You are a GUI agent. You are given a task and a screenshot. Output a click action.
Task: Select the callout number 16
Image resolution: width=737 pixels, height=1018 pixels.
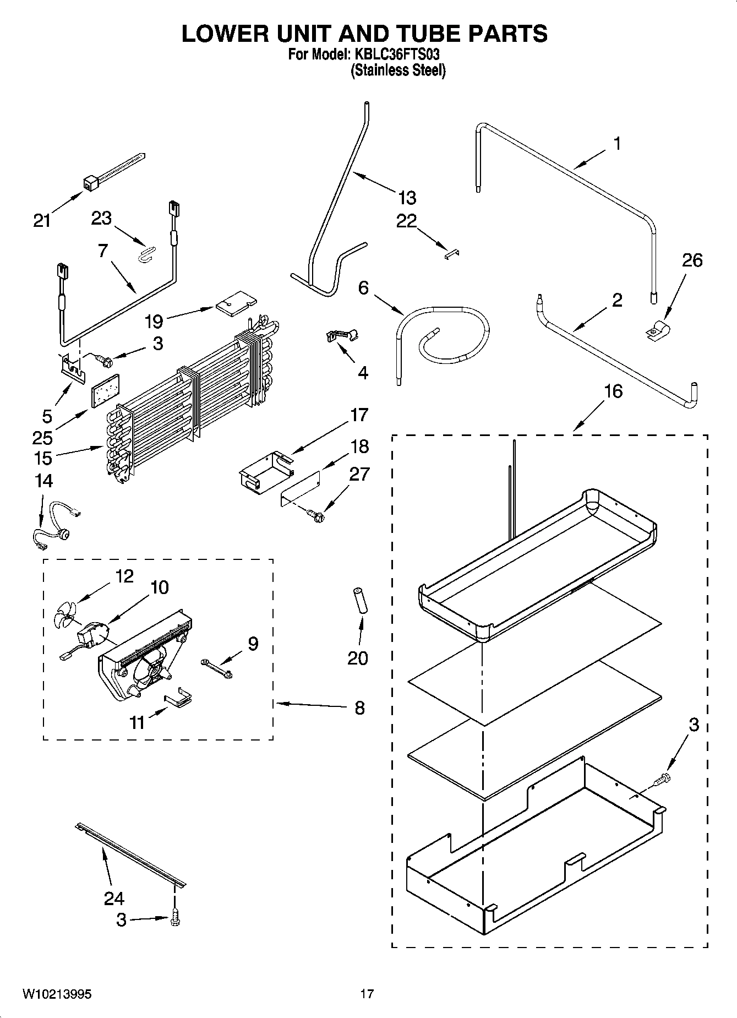pyautogui.click(x=613, y=391)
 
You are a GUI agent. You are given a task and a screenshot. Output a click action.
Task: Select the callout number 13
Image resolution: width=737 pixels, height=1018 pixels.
pyautogui.click(x=407, y=198)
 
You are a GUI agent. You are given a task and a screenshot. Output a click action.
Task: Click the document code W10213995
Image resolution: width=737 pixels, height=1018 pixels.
pyautogui.click(x=57, y=994)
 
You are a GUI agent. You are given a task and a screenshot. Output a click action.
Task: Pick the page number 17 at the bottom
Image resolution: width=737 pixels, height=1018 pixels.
pyautogui.click(x=367, y=994)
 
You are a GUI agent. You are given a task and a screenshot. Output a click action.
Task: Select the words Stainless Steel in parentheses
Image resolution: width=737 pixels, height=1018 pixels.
pyautogui.click(x=398, y=70)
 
